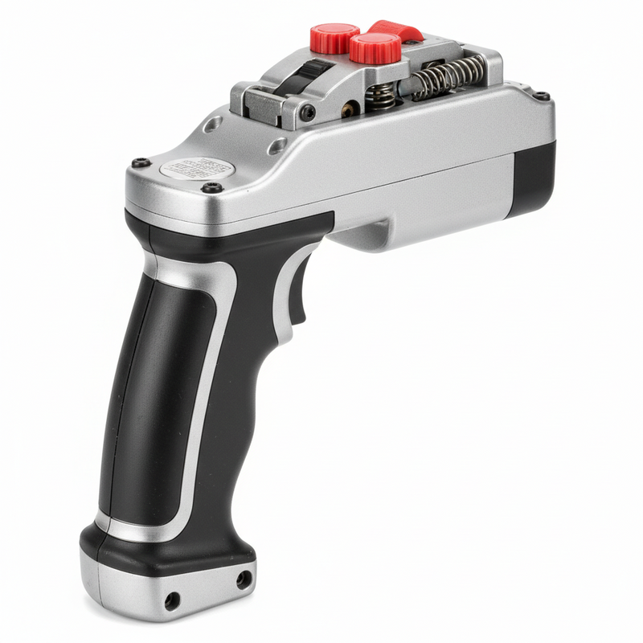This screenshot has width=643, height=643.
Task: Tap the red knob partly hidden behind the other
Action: (x=334, y=36)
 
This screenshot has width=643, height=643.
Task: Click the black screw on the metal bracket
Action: (x=308, y=113)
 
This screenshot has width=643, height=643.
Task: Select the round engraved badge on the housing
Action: (x=197, y=169)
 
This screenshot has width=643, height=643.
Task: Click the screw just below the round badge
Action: (x=213, y=187)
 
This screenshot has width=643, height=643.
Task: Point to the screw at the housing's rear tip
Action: (x=141, y=162)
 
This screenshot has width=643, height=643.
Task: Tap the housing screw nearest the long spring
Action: (x=543, y=96)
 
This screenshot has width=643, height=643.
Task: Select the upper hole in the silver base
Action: (x=243, y=577)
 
